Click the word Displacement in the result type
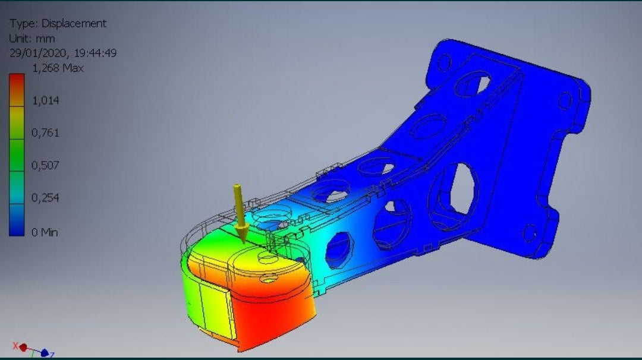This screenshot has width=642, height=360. (x=74, y=24)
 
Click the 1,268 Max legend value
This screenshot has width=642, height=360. (x=58, y=68)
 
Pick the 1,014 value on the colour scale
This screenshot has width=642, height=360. (x=45, y=100)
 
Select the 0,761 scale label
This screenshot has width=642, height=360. (x=45, y=132)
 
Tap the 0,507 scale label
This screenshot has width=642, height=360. (x=45, y=165)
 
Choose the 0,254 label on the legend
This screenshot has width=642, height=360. (x=45, y=197)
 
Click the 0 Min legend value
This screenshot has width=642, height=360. (x=45, y=232)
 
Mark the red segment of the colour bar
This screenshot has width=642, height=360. (x=17, y=83)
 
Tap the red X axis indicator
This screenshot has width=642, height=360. (x=17, y=346)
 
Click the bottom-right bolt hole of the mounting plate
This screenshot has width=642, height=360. (x=528, y=233)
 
